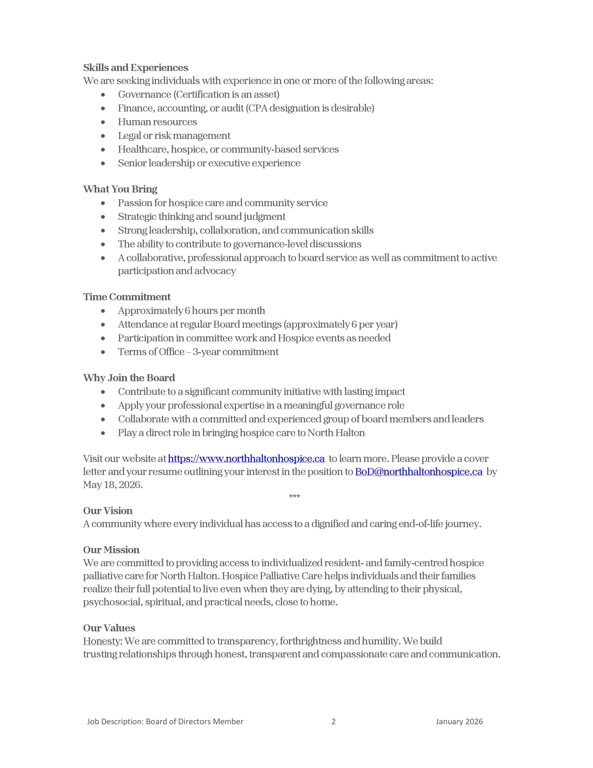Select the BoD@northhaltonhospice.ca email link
point(418,472)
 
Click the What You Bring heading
point(120,189)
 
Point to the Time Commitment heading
point(127,297)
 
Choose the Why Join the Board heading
point(129,378)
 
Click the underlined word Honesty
point(102,641)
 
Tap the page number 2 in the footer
point(334,721)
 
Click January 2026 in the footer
point(459,721)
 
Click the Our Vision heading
point(108,511)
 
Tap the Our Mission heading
point(111,550)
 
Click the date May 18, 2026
point(112,485)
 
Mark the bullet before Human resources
point(103,122)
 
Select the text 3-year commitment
point(236,352)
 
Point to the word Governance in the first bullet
point(144,94)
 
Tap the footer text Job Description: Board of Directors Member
point(165,721)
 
